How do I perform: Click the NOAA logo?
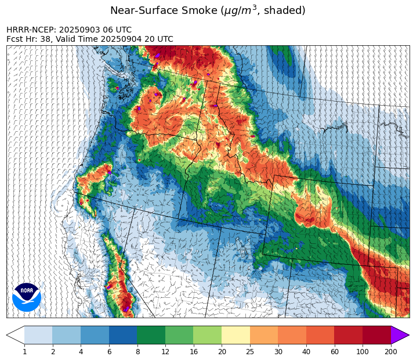27,297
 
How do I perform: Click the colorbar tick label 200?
390,352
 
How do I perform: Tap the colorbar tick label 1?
24,352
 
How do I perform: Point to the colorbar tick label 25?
249,352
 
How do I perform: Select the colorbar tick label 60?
334,352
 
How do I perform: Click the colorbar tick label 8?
137,352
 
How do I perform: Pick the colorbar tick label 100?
363,352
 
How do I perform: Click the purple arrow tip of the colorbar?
401,336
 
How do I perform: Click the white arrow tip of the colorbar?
15,336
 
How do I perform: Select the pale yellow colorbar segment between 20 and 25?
236,336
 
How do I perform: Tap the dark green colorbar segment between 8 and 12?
151,336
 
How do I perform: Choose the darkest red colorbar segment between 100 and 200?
376,336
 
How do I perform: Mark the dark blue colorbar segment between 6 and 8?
123,336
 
